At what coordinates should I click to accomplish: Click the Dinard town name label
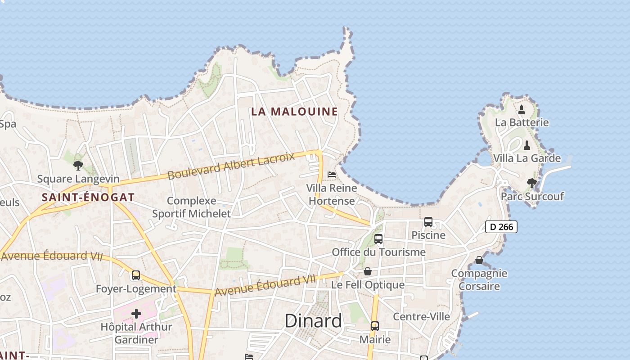point(313,321)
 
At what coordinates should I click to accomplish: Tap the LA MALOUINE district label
point(294,112)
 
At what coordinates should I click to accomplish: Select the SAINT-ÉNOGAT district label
point(88,197)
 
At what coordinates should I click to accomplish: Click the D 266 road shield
point(501,227)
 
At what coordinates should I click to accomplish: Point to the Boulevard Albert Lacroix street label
point(231,166)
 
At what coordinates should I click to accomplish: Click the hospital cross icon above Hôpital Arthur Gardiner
point(136,313)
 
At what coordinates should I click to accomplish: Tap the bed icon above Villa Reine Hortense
point(332,175)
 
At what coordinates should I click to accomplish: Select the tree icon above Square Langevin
point(78,165)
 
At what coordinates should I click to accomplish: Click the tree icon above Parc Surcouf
point(532,183)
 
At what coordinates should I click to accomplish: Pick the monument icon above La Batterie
point(522,109)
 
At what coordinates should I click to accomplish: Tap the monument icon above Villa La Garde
point(527,145)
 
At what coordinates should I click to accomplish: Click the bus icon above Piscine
point(428,222)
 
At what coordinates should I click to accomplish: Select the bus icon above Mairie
point(375,326)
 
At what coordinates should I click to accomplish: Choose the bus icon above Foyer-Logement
point(136,275)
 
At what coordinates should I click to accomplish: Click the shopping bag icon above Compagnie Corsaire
point(479,260)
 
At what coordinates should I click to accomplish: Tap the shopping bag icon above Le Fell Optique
point(368,271)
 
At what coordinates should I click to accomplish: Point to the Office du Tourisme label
point(378,252)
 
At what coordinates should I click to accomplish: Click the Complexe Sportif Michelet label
point(191,207)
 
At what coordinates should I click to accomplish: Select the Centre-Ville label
point(421,316)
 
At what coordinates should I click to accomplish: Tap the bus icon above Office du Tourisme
point(378,239)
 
